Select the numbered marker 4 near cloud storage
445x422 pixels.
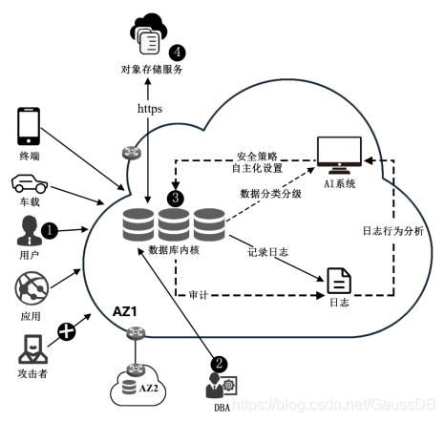click(x=176, y=51)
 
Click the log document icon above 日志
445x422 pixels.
click(x=339, y=281)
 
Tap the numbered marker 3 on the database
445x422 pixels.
click(x=175, y=198)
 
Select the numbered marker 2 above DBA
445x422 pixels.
click(x=219, y=363)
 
